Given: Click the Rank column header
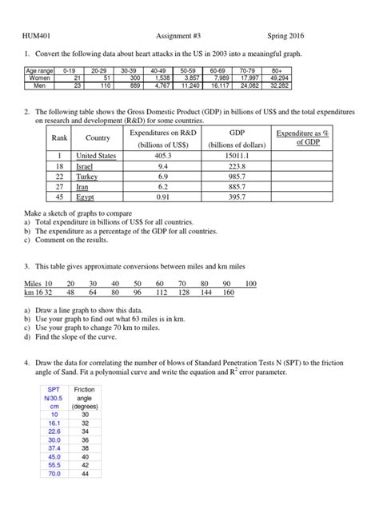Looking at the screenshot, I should click(58, 137).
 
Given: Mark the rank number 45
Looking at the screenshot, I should click(58, 196).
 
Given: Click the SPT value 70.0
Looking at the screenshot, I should click(54, 473).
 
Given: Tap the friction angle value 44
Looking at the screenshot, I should click(85, 473).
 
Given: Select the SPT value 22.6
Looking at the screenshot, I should click(54, 431).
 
